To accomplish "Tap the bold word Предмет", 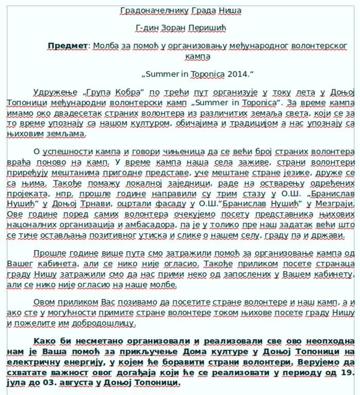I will point(67,46).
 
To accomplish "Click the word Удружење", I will point(55,92).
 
